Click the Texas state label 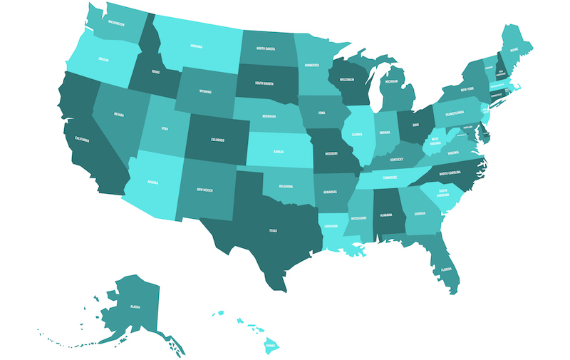pos(272,230)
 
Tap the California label pos(81,140)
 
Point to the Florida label pos(446,269)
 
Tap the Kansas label pos(278,152)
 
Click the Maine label pos(514,50)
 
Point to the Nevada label pos(120,114)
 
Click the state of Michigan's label pos(392,82)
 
